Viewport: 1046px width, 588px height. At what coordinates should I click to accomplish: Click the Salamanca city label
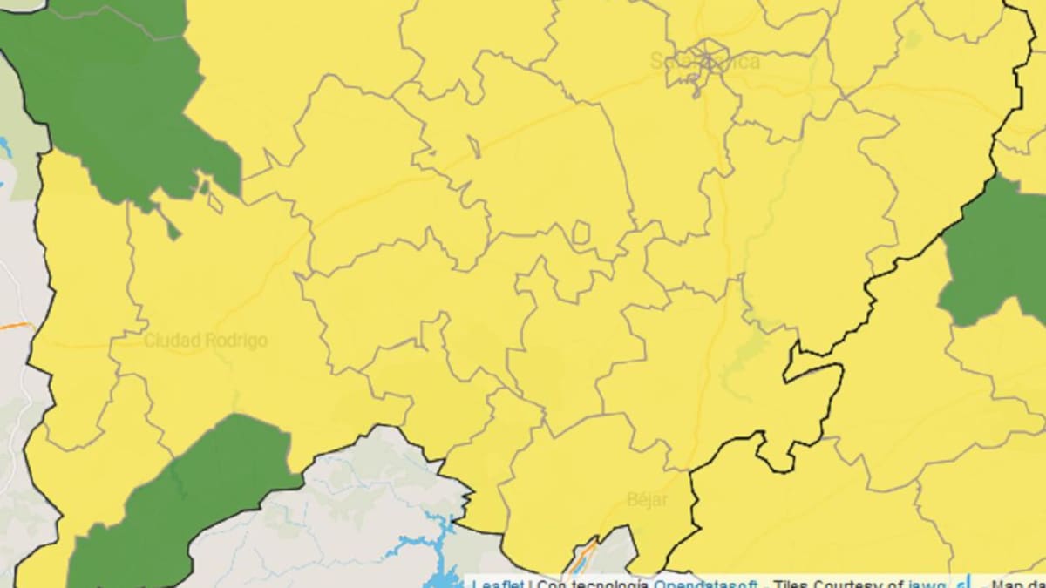[705, 62]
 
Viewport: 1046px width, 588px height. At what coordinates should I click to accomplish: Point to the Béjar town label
[647, 500]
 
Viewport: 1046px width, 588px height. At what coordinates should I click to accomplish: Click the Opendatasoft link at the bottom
[706, 583]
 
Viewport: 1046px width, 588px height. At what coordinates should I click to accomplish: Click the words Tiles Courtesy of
[838, 583]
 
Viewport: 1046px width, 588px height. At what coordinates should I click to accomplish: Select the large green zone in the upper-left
[122, 105]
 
